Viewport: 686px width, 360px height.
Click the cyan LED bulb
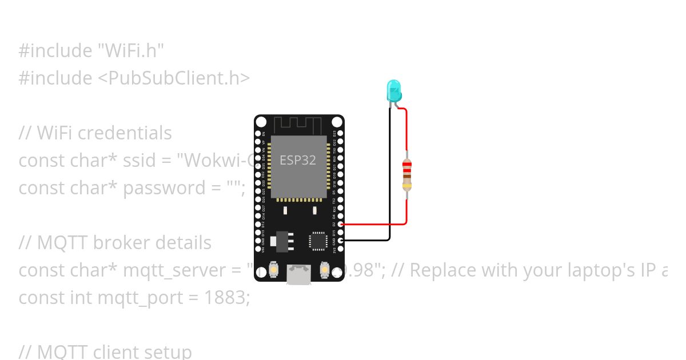394,90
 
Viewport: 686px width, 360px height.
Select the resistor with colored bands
406,175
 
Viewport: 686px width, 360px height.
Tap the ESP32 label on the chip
297,161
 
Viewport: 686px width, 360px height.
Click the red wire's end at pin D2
341,225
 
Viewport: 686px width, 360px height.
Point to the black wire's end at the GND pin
341,241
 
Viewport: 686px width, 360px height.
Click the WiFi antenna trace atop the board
298,124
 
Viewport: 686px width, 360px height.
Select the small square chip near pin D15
318,241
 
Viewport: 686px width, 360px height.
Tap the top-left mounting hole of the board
261,122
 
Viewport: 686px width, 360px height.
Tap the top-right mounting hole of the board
337,122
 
